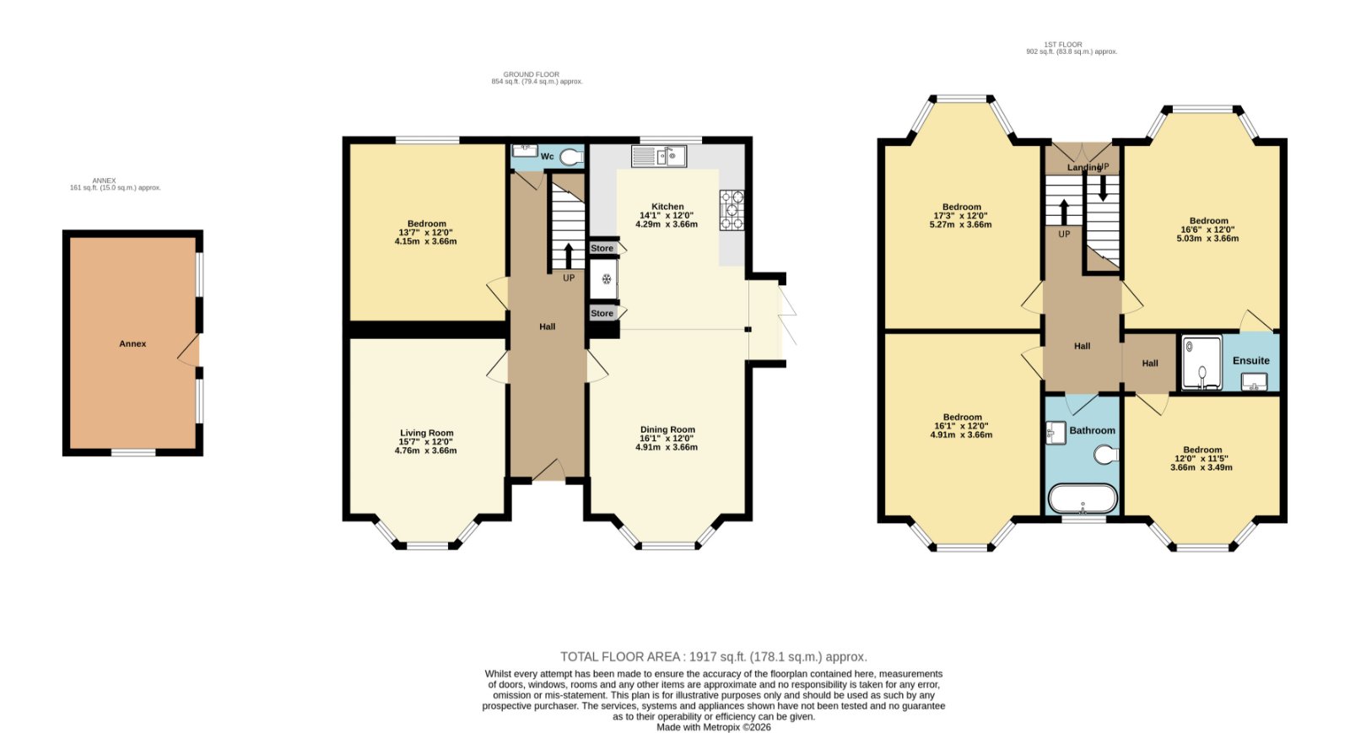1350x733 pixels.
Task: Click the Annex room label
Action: pos(132,344)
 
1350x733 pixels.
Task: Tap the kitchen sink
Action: pos(659,156)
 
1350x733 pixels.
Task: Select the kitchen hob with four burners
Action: pos(732,210)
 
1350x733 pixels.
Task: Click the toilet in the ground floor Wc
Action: pos(571,157)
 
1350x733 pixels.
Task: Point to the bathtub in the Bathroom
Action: pos(1083,499)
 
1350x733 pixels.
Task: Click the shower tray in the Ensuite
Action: pos(1201,363)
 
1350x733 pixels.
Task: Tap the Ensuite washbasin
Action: pos(1254,381)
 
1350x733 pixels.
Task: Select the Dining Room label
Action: pos(667,429)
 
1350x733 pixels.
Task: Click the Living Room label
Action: pos(427,433)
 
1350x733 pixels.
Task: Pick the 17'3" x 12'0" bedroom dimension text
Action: pos(961,216)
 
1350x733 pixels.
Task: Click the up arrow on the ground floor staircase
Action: pos(569,256)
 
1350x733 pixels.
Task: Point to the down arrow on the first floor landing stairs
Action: pos(1103,188)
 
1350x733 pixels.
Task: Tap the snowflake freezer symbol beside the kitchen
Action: pos(607,279)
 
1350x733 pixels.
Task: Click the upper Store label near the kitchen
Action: pos(602,248)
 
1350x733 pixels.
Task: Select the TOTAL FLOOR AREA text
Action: pos(714,656)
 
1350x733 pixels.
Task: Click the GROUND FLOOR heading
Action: pos(531,75)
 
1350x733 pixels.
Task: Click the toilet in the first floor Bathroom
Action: pos(1106,455)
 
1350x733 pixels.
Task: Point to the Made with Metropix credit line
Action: pos(714,727)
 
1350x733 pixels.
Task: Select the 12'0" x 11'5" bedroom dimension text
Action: pos(1202,458)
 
